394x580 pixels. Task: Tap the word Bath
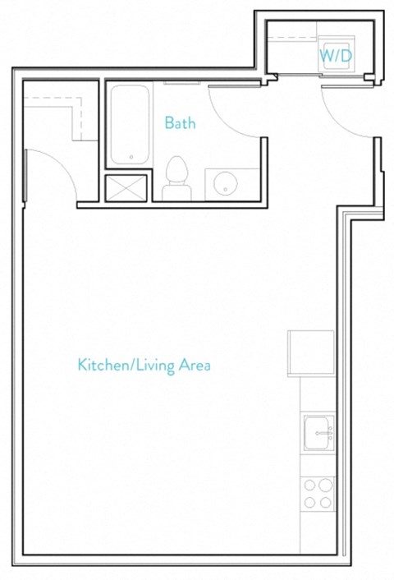click(x=180, y=123)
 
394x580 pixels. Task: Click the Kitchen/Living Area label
click(x=144, y=364)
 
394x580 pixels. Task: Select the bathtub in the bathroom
click(x=129, y=124)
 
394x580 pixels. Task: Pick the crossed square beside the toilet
click(x=126, y=188)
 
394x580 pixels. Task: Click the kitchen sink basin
click(x=319, y=434)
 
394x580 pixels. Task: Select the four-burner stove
click(x=318, y=494)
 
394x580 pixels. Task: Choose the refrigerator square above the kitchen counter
click(x=311, y=352)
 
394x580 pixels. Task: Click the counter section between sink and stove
click(x=318, y=464)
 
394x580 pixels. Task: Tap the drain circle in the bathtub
click(x=131, y=155)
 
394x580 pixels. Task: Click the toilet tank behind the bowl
click(x=176, y=192)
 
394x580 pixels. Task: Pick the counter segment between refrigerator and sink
click(x=318, y=394)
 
